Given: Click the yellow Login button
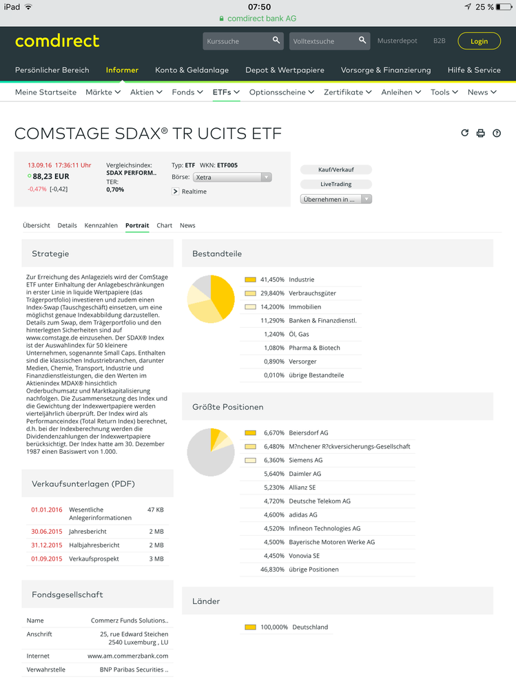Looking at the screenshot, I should (479, 41).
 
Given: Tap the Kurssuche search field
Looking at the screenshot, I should (238, 41).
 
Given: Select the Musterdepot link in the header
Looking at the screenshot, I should (398, 41).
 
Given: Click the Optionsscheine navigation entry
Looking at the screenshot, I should (282, 92).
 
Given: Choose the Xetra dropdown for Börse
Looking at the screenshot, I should (232, 178).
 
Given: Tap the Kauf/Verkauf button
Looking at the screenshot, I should (336, 170).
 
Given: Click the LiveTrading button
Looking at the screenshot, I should (336, 185).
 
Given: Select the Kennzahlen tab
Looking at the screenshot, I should (101, 225).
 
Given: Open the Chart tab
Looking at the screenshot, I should (164, 225).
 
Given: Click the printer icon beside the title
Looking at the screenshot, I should (481, 134).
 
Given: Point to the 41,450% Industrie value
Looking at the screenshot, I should (272, 280).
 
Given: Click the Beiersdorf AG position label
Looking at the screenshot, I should (308, 433).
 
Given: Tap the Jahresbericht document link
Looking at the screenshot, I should (87, 532).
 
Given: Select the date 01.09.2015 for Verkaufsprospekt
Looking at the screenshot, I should (46, 559).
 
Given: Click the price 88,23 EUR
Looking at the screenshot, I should (52, 176).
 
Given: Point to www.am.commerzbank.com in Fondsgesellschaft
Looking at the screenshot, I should (127, 656).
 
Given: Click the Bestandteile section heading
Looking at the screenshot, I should (217, 253).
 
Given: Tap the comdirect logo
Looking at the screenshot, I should (57, 41).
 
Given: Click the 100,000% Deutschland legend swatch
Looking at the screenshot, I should (250, 627).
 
